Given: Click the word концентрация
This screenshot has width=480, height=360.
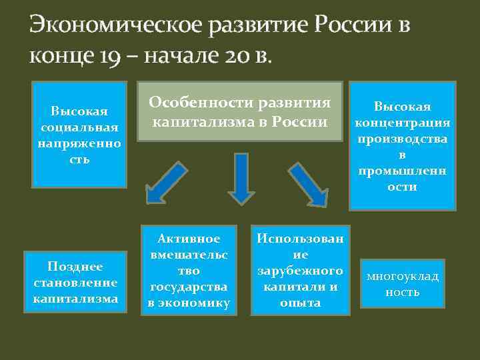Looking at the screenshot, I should [402, 123].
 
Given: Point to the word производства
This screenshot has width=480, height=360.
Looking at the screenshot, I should [402, 139].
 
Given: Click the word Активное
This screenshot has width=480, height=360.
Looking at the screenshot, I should [189, 239].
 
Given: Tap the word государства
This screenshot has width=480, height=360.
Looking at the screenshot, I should [189, 287].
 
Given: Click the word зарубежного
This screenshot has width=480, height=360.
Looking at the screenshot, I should [300, 271].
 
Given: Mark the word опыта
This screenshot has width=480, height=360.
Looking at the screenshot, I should [300, 303].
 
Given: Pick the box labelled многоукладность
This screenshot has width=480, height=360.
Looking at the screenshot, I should [402, 284].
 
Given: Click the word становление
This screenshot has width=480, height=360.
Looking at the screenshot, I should [75, 283].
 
